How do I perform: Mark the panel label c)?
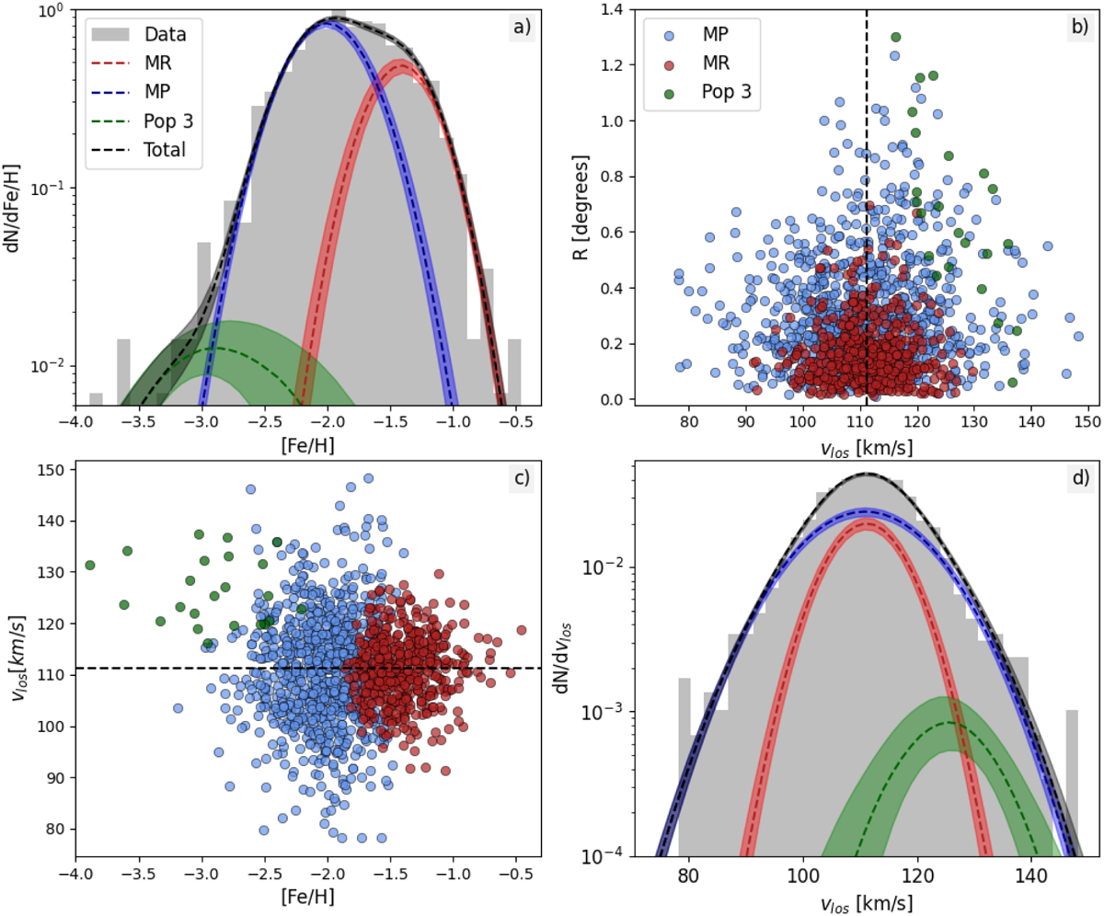coord(521,478)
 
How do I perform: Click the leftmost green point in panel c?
coord(90,565)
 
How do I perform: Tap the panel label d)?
coord(1073,478)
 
